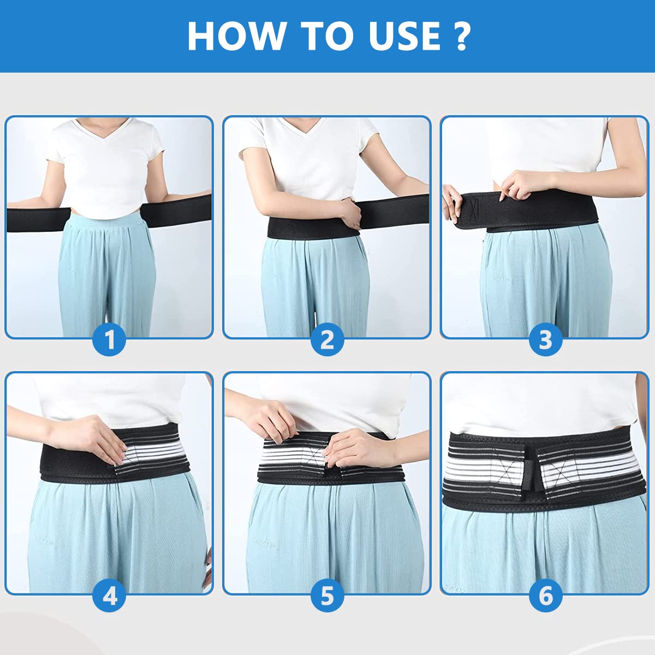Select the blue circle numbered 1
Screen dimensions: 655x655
(x=109, y=340)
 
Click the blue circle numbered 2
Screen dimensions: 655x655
(x=327, y=340)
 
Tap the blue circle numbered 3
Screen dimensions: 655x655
(x=545, y=340)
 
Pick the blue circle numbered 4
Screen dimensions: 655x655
(x=109, y=596)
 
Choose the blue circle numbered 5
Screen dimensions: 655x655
(x=327, y=596)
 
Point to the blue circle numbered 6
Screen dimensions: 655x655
(x=545, y=596)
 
